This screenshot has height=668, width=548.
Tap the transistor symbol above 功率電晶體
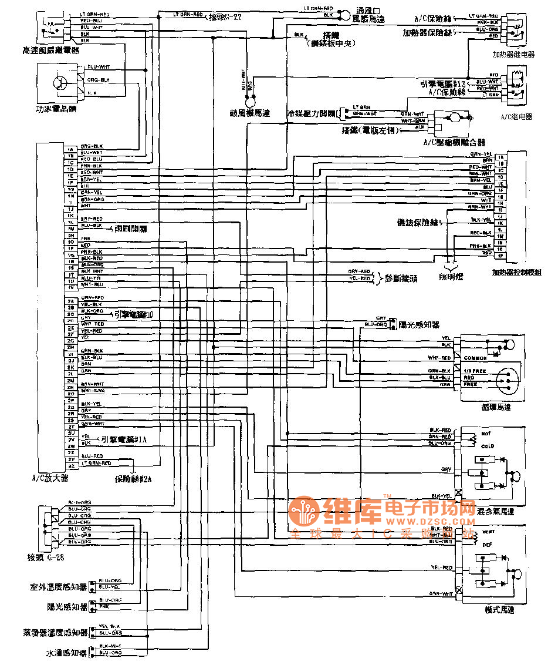(60, 82)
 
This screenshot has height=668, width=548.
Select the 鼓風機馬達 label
(250, 113)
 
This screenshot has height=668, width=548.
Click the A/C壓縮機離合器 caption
(454, 142)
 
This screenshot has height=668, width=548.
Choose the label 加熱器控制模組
(517, 273)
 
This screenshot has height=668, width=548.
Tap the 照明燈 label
(451, 276)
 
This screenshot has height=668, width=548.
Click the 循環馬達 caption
(495, 407)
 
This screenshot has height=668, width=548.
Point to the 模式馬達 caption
(500, 610)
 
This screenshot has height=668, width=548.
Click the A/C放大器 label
(50, 478)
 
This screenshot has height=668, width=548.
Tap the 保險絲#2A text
(133, 479)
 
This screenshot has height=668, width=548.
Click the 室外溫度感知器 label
(59, 587)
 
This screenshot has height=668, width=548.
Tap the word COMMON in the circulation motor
(475, 358)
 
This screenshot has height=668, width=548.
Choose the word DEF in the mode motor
(486, 544)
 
